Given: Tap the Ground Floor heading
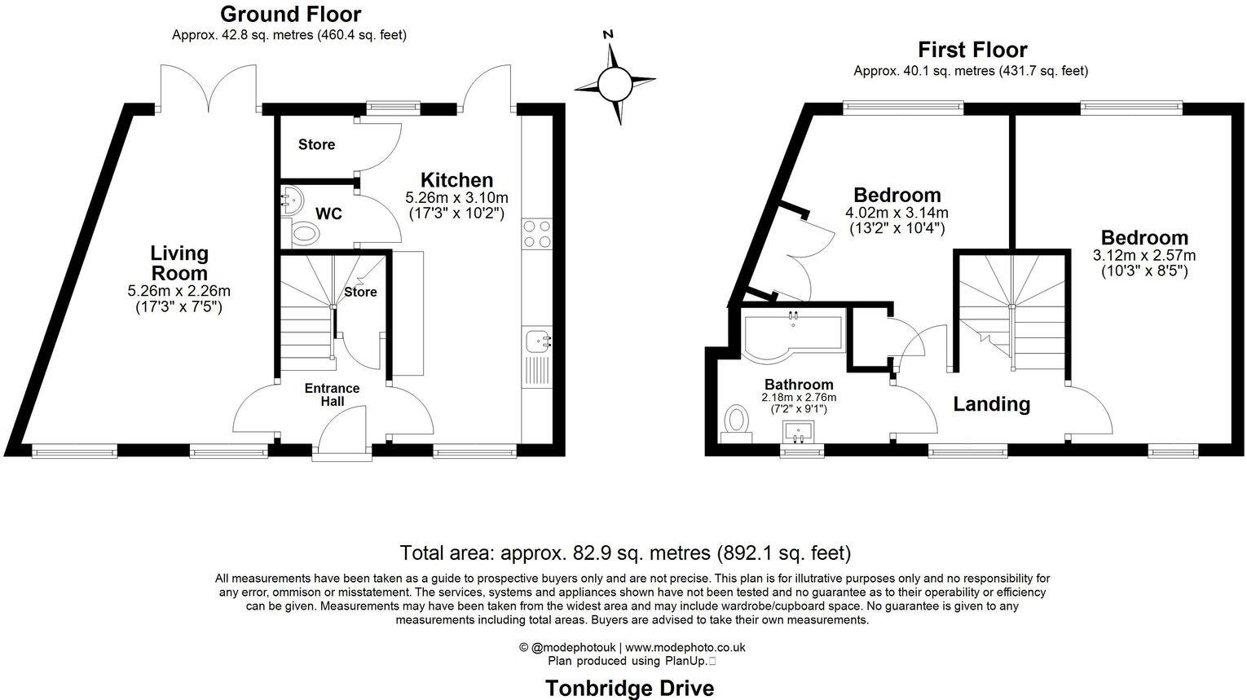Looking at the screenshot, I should pyautogui.click(x=290, y=14).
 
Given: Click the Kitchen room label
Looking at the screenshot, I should pyautogui.click(x=456, y=180).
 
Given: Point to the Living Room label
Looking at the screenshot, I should pyautogui.click(x=179, y=263).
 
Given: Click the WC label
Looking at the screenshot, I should pyautogui.click(x=328, y=214).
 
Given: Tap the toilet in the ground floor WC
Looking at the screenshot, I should pyautogui.click(x=305, y=234).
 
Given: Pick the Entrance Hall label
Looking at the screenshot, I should pyautogui.click(x=332, y=394).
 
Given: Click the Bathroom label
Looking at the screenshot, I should pyautogui.click(x=799, y=385).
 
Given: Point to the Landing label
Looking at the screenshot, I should pyautogui.click(x=991, y=404).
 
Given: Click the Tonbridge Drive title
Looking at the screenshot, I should pyautogui.click(x=629, y=689).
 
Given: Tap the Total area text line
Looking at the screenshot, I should pyautogui.click(x=625, y=553).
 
